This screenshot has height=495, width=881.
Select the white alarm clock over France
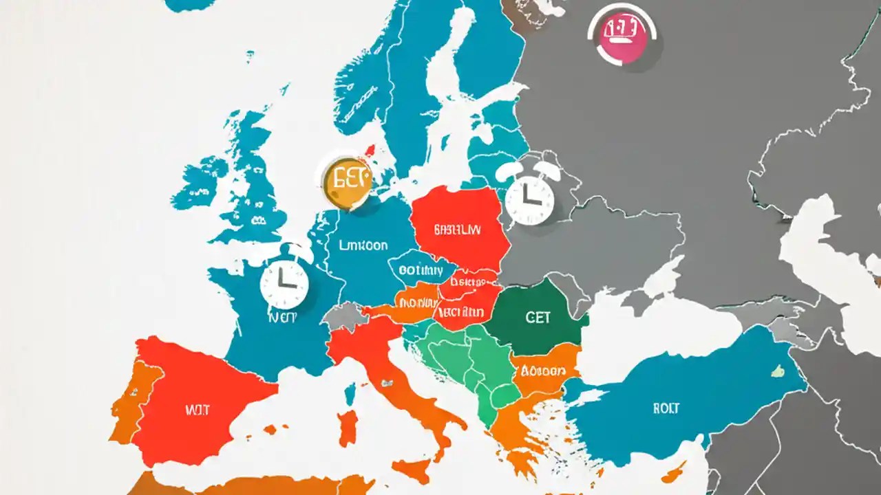click(x=284, y=283)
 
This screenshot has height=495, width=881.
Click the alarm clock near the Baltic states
click(x=529, y=199)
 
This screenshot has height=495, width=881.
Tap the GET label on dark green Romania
click(x=538, y=318)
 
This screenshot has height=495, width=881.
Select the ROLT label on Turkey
click(x=666, y=408)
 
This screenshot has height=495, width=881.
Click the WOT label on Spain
click(x=196, y=410)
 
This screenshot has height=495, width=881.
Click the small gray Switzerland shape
click(x=342, y=318)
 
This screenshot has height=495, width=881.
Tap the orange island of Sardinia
click(x=349, y=427)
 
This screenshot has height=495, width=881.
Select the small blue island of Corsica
click(x=350, y=394)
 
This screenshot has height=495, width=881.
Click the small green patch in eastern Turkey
click(x=778, y=371)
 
